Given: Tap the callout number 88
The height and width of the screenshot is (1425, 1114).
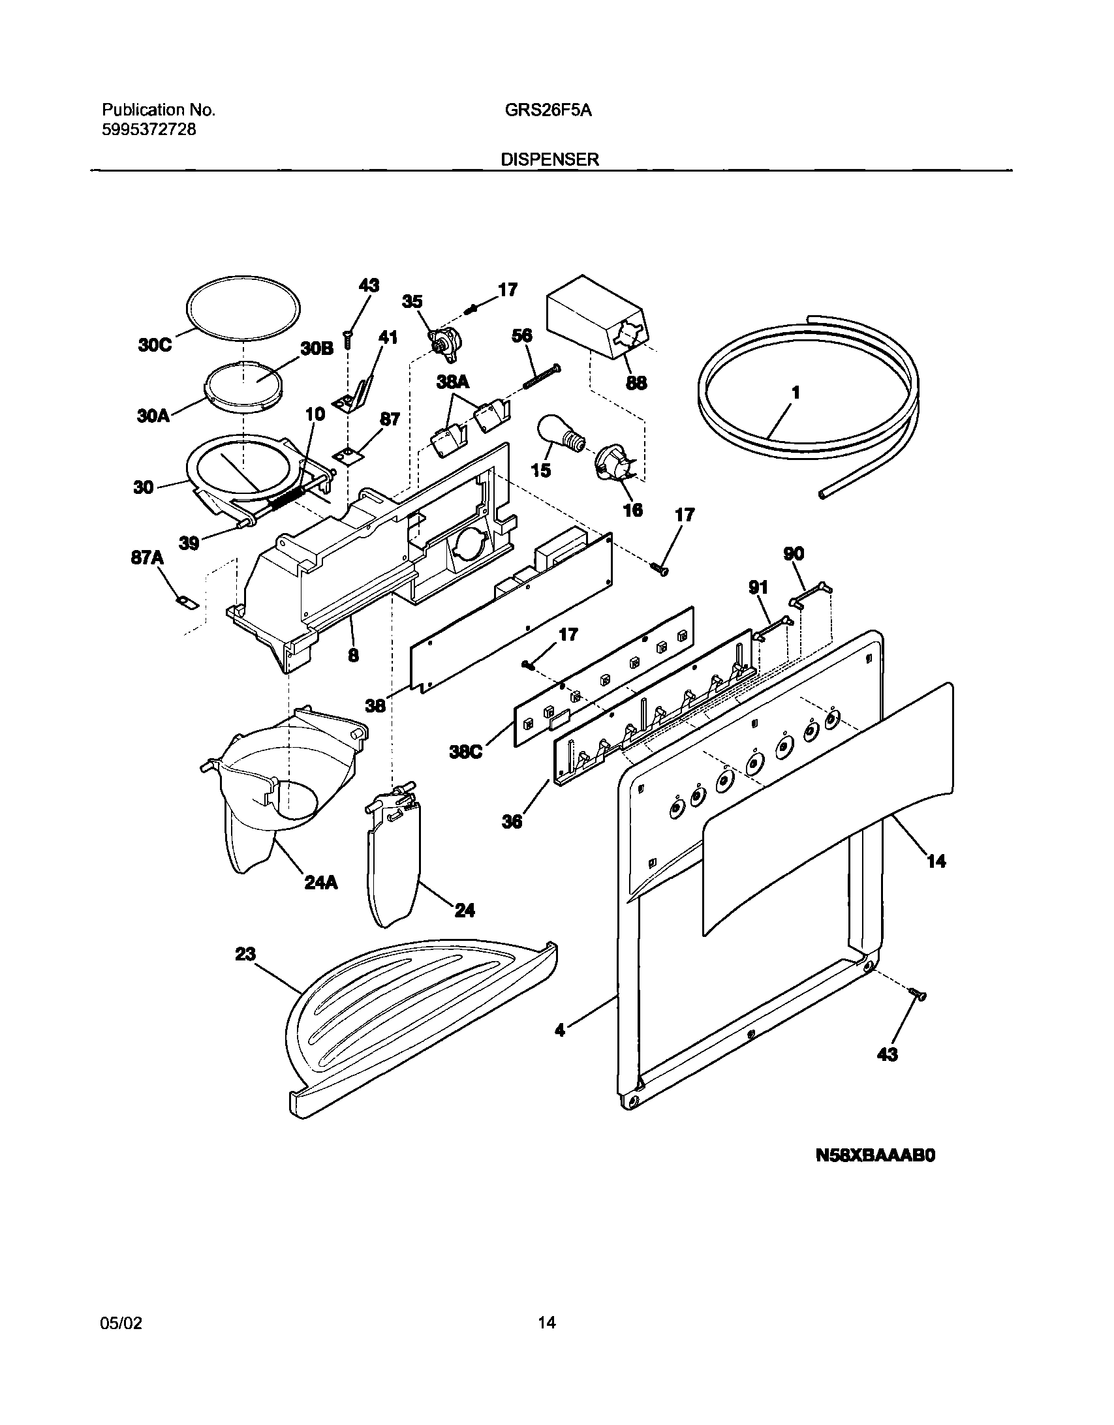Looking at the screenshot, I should [x=636, y=383].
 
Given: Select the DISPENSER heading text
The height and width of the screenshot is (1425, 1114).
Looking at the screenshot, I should [x=549, y=160].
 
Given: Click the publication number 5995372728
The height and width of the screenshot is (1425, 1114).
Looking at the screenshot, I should [x=149, y=129].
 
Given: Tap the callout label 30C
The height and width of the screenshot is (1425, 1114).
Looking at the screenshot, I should [x=155, y=345].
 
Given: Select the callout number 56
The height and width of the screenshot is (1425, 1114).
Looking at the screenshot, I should [x=521, y=335].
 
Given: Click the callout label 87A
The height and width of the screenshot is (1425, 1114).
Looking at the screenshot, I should [x=147, y=560].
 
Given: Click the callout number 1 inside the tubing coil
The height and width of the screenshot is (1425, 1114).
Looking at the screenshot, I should [x=796, y=393].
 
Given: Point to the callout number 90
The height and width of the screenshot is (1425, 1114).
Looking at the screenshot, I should [x=794, y=554].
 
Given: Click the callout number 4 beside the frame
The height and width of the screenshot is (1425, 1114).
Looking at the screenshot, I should [x=559, y=1030].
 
